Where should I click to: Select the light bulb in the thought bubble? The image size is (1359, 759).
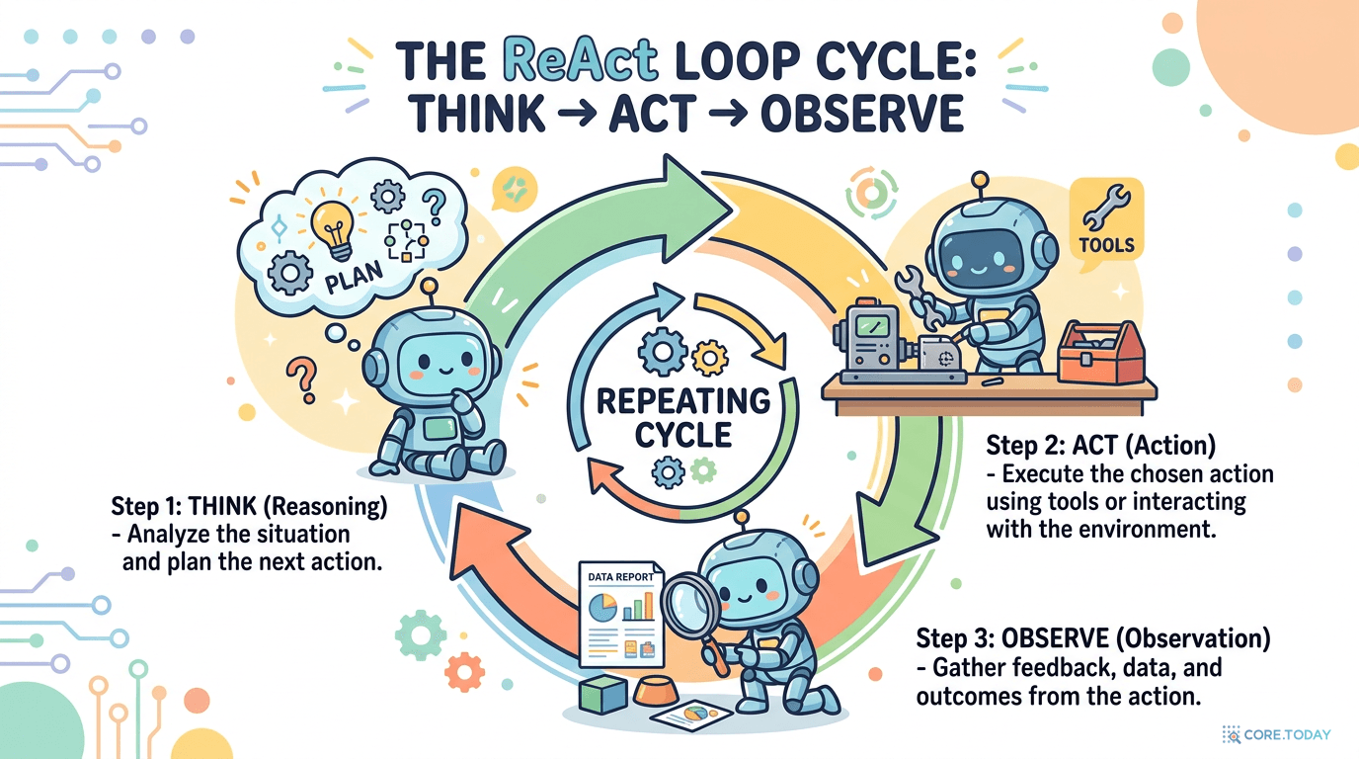pos(331,223)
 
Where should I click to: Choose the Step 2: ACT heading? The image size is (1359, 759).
pos(1100,446)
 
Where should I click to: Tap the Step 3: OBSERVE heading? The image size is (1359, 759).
pos(1093,637)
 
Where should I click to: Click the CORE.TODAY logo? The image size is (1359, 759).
pos(1276,734)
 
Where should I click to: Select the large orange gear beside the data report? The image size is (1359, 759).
pos(464,672)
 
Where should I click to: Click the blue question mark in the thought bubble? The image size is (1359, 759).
pos(431,207)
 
